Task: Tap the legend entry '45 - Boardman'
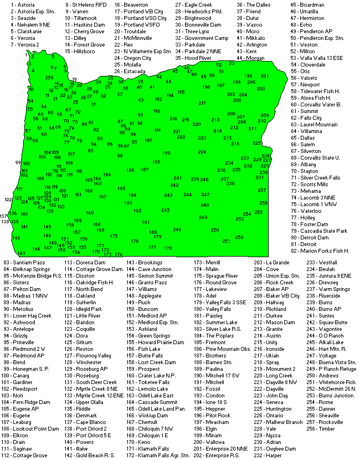(x=309, y=4)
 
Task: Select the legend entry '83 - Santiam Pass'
(x=24, y=262)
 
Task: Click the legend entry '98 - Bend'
(x=15, y=362)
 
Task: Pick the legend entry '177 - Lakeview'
(x=210, y=289)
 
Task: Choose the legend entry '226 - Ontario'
(x=271, y=415)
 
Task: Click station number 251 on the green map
(x=226, y=241)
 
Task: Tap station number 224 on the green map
(x=202, y=151)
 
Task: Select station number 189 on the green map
(x=166, y=152)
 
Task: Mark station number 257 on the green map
(x=262, y=190)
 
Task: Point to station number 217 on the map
(x=202, y=103)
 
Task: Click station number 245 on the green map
(x=166, y=210)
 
